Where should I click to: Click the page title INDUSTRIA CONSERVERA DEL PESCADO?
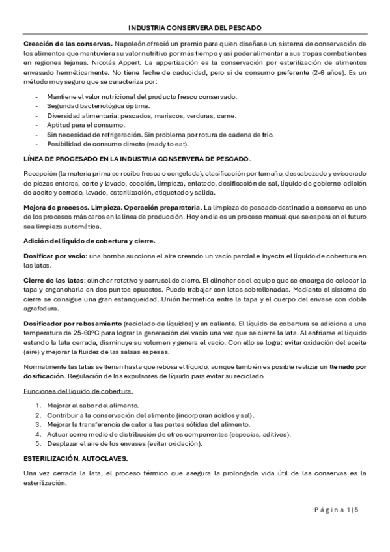195,28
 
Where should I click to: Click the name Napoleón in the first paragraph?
130,43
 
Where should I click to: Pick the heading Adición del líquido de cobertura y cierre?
89,241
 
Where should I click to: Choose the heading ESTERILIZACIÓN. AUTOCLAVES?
87,458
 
